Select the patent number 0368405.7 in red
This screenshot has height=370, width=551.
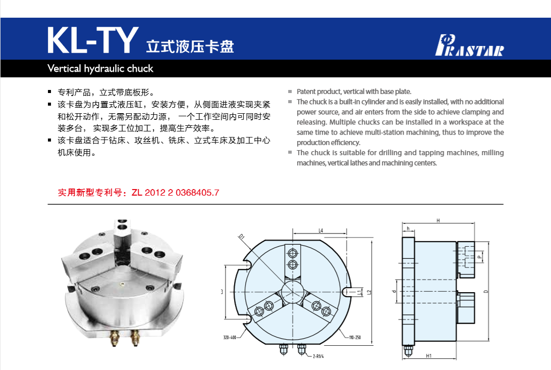197,193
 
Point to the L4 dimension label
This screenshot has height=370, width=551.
320,230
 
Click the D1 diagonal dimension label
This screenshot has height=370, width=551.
241,237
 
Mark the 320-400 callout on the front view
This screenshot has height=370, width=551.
230,337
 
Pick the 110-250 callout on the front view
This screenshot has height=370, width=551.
355,337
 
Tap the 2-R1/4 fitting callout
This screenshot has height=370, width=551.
318,356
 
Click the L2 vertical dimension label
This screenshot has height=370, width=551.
369,292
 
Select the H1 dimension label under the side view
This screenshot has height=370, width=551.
428,356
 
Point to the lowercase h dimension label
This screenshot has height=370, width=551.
408,228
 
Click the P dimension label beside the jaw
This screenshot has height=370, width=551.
479,257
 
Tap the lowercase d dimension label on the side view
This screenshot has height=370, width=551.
394,291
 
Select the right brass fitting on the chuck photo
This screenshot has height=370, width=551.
135,338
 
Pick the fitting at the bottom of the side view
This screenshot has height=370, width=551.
408,351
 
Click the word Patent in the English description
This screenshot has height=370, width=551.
306,91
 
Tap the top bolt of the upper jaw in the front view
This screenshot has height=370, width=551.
292,253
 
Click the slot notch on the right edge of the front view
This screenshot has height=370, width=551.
347,292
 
